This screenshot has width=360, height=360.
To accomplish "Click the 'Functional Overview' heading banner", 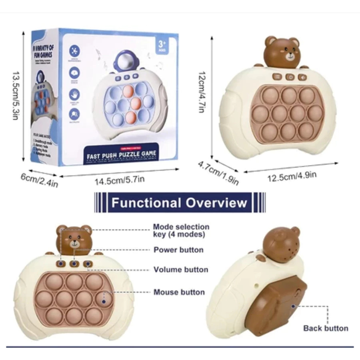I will tap(179, 202).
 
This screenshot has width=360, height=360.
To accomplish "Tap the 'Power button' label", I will tap(178, 250).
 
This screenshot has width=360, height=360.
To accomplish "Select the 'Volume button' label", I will tap(181, 270).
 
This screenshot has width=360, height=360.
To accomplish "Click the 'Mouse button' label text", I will tap(179, 292).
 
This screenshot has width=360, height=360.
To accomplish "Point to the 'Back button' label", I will tap(326, 328).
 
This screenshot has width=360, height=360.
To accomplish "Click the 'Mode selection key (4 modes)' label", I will tap(181, 230).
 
